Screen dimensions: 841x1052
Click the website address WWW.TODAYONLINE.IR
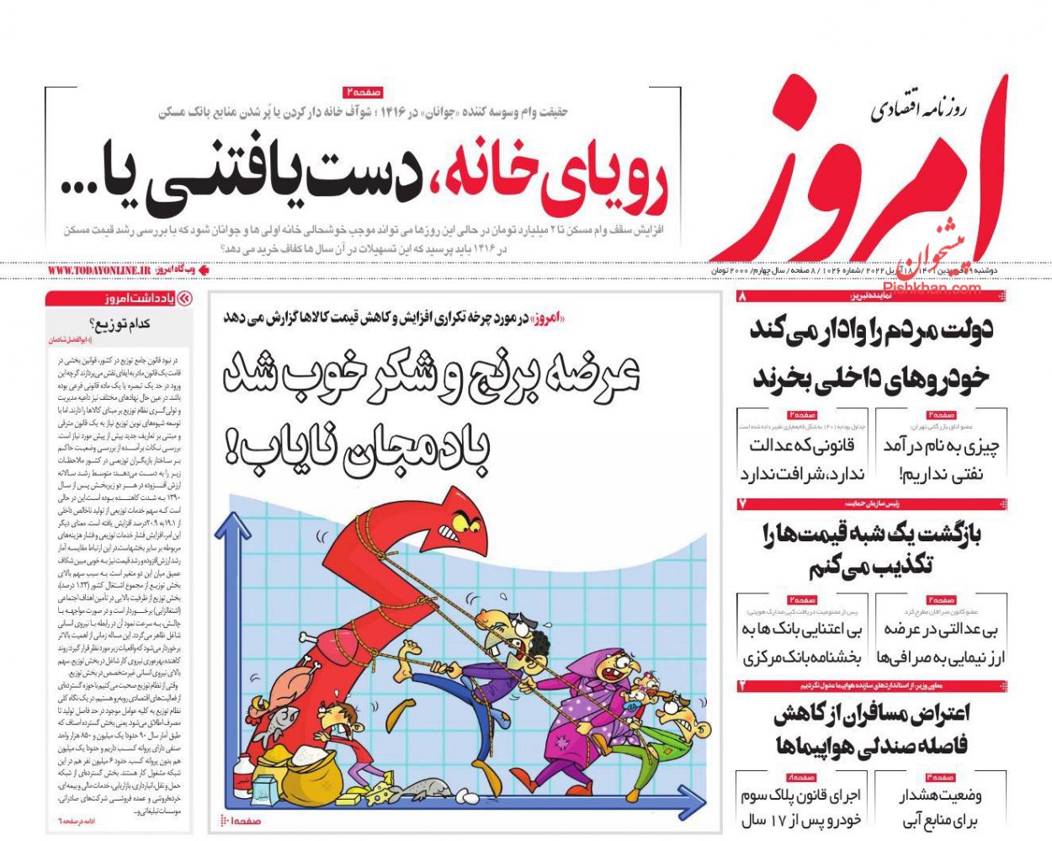[x=98, y=270]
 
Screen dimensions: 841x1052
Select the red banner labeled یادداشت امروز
[x=119, y=298]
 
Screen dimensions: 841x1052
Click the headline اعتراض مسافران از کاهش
[x=870, y=715]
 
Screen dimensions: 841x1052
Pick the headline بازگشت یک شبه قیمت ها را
[x=870, y=534]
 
